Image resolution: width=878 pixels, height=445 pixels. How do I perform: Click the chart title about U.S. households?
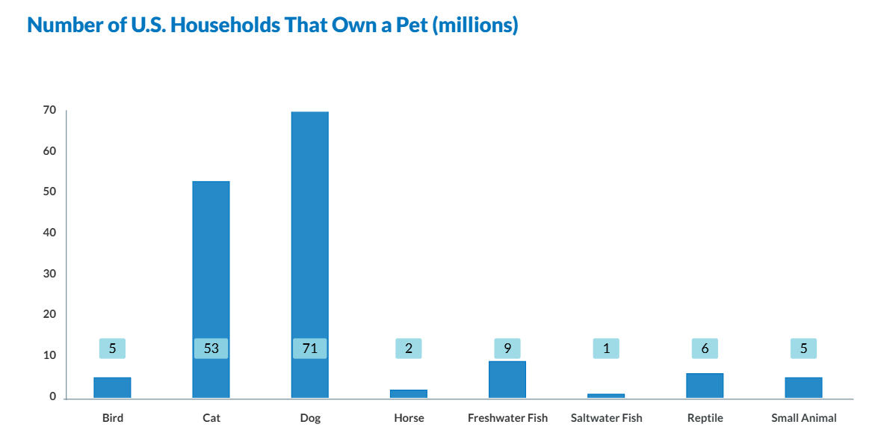point(272,25)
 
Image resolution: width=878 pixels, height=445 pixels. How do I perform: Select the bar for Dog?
point(309,224)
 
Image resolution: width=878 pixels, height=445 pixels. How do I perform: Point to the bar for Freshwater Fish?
point(507,380)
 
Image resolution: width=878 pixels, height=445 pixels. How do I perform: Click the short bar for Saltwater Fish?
point(606,396)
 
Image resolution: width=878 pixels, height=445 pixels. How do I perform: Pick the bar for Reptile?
point(705,386)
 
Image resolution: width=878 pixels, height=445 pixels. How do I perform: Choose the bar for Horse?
point(409,393)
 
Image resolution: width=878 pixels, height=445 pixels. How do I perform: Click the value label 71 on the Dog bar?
point(309,349)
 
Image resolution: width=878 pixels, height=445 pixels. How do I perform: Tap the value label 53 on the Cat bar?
point(211,349)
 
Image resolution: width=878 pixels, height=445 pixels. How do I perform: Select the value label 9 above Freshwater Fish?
point(507,349)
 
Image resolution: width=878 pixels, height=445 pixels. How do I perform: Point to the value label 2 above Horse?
point(409,349)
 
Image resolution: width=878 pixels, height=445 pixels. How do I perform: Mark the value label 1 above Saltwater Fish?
point(606,349)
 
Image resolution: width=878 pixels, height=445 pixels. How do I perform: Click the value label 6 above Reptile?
point(705,349)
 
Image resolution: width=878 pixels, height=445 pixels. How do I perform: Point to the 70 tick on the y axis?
point(49,110)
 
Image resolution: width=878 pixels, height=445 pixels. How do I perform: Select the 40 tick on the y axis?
point(49,233)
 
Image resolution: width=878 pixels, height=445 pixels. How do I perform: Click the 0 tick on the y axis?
point(53,396)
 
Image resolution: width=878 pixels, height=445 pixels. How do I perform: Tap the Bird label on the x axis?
point(113,418)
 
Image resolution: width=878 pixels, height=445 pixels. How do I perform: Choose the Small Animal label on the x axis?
point(803,418)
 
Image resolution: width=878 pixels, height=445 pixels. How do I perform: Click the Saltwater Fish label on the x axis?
point(606,418)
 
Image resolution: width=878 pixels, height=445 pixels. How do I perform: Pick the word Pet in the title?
point(410,25)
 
